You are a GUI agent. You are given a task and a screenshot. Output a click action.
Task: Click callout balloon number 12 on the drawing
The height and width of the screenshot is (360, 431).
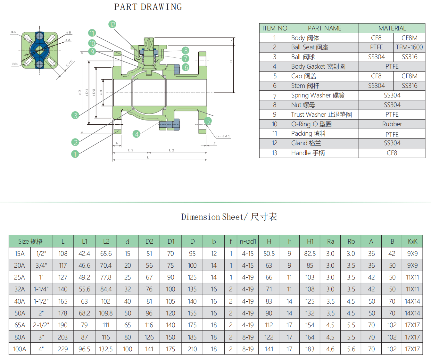[x=112, y=24]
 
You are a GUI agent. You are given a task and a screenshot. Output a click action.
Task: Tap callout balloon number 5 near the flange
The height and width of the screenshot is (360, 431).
[x=209, y=121]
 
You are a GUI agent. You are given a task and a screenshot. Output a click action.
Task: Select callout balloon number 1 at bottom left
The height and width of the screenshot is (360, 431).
[x=75, y=154]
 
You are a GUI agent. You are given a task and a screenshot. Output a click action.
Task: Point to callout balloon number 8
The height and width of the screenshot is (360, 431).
[x=186, y=51]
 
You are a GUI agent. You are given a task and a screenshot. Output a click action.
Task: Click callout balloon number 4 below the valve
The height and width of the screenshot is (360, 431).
[x=137, y=134]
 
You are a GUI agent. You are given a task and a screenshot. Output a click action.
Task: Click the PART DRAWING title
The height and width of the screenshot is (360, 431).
[x=148, y=7]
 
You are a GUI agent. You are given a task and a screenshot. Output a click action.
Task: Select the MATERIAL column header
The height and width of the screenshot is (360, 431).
[x=392, y=28]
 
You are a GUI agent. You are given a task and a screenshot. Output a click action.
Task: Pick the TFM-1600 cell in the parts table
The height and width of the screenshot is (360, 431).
[x=409, y=47]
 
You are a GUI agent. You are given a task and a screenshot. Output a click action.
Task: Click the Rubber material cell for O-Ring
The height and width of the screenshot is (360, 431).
[x=392, y=124]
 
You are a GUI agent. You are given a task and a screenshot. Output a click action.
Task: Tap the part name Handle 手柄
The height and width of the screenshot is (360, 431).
[x=308, y=153]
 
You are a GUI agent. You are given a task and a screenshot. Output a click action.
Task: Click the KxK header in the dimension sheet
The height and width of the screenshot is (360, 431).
[x=412, y=241]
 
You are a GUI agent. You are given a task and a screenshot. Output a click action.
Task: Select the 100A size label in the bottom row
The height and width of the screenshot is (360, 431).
[x=20, y=349]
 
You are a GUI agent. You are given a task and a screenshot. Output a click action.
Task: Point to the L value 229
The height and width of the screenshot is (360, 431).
[x=63, y=349]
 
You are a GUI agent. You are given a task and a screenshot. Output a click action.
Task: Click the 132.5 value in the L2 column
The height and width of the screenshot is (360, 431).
[x=106, y=349]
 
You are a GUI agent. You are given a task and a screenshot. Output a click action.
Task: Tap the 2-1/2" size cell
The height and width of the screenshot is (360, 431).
[x=41, y=325]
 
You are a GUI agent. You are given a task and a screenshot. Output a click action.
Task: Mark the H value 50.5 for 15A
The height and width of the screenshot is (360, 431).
[x=269, y=254]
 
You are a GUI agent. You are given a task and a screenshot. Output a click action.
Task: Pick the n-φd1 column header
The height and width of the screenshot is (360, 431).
[x=248, y=241]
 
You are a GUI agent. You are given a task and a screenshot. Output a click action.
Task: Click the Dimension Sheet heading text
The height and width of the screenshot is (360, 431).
[x=229, y=217]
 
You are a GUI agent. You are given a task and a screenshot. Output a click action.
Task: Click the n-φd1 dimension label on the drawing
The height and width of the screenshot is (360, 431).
[x=223, y=136]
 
